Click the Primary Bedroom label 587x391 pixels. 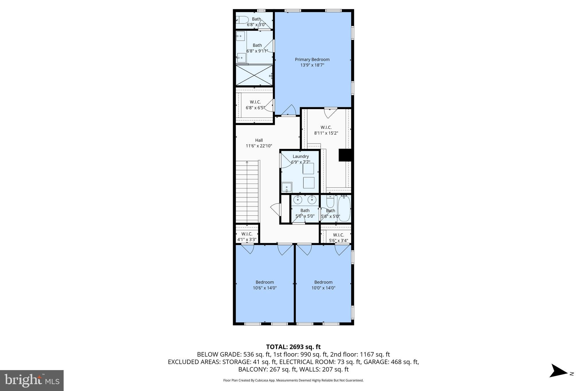(x=312, y=60)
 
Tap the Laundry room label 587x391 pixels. (x=301, y=156)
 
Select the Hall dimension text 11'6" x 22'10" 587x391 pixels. (x=259, y=146)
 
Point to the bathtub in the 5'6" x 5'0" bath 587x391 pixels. (x=344, y=208)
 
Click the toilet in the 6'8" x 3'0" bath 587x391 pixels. (x=243, y=20)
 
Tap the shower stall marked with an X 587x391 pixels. (x=254, y=75)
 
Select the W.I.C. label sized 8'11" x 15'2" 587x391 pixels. (x=326, y=127)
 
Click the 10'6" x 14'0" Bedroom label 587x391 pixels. (x=265, y=282)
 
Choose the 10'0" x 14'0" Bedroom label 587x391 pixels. (x=323, y=282)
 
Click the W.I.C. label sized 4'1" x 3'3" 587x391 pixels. (x=247, y=234)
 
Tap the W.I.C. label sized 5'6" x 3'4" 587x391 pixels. (x=338, y=235)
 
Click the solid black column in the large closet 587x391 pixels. (x=345, y=155)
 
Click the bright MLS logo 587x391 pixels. (x=32, y=380)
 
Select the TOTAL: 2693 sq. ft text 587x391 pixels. (x=293, y=347)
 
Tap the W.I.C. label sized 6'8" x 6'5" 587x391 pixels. (x=255, y=102)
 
